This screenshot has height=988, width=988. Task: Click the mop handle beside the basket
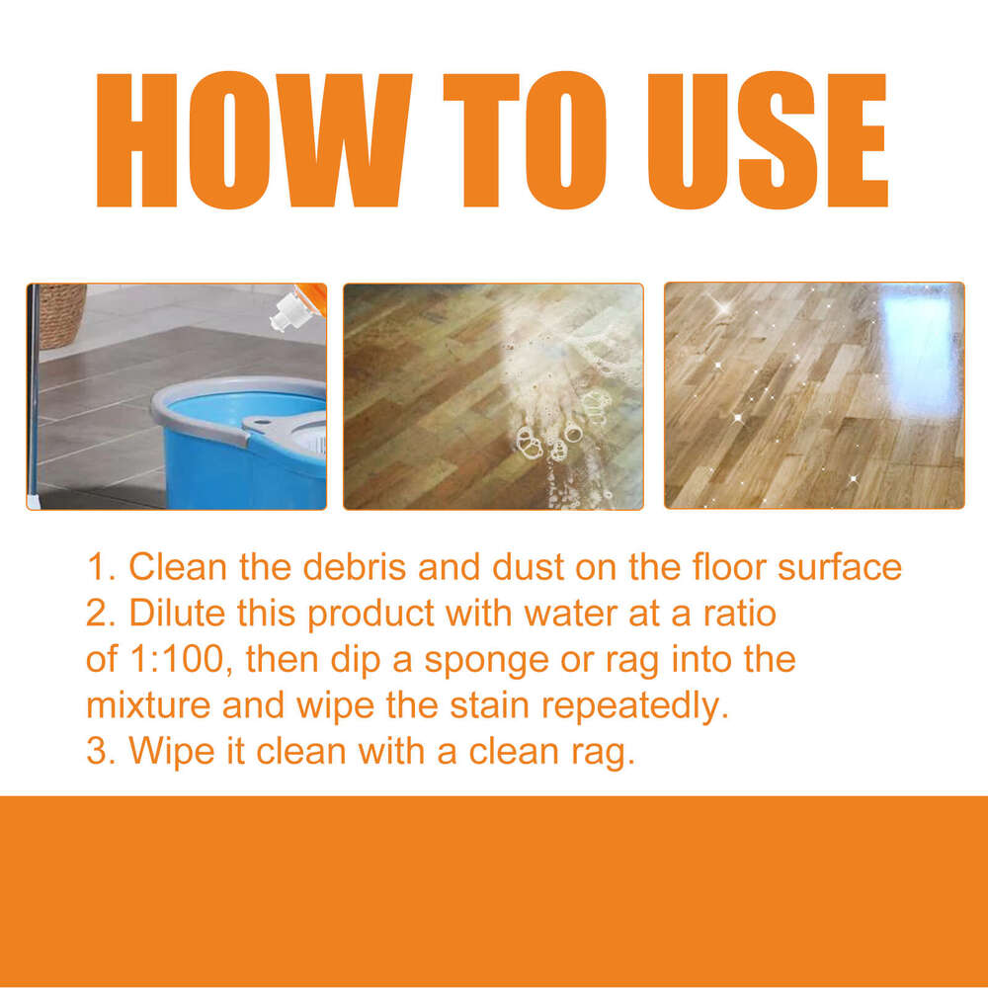click(33, 395)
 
